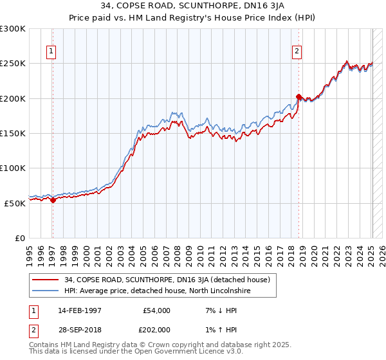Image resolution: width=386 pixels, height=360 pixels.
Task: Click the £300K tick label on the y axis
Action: pos(13,29)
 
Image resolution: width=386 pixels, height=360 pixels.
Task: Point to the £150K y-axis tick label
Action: pos(13,133)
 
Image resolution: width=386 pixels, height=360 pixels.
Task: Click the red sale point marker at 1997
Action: pos(53,200)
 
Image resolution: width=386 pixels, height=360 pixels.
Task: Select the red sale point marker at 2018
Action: pos(299,97)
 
